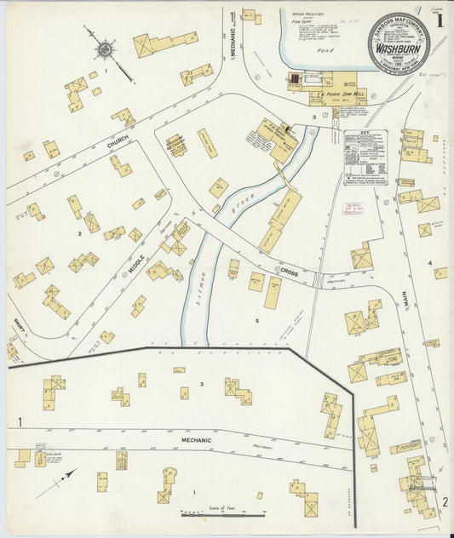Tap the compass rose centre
pos(104,49)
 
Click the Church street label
pos(118,145)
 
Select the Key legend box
pos(365,157)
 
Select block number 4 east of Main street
pos(429,263)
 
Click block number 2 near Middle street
pos(80,232)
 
